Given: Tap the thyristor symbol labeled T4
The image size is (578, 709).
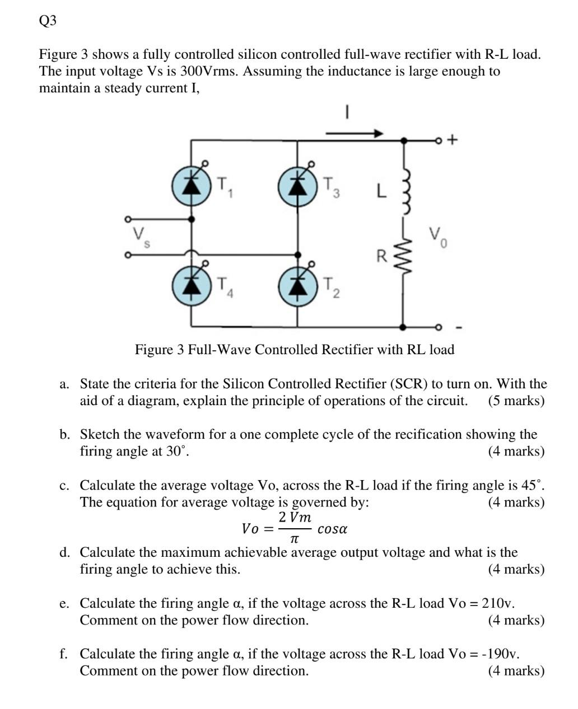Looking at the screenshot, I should click(x=192, y=285).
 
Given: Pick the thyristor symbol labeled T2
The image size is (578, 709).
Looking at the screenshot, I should click(x=297, y=285).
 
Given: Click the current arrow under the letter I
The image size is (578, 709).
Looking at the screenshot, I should click(x=354, y=134).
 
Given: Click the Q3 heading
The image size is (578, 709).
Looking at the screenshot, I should click(x=48, y=21).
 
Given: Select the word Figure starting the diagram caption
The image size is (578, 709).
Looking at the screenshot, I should click(x=153, y=350).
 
